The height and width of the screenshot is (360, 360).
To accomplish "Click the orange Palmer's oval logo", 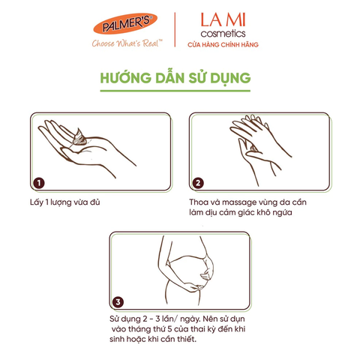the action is point(125,23).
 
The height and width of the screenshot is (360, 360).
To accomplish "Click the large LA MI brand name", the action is point(223,20).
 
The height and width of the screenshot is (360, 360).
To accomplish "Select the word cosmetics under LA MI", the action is point(223,34).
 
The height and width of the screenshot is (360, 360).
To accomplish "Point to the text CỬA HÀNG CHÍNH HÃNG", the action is point(223,45).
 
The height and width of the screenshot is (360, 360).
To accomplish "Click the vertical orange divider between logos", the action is point(175,30).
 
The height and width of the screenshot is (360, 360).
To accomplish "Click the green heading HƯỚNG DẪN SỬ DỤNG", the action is point(175,78).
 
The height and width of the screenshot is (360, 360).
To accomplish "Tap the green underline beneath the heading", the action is point(175,91).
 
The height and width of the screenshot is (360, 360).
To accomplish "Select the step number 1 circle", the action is point(39,183).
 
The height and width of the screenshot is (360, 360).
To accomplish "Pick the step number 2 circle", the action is point(198,183).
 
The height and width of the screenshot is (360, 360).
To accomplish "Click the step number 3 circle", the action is point(118,302).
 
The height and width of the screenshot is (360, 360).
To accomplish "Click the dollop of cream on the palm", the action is point(79,137).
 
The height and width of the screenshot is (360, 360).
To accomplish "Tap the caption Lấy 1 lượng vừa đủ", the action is point(65,202).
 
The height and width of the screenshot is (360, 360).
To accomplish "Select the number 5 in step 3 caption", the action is point(169,329).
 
